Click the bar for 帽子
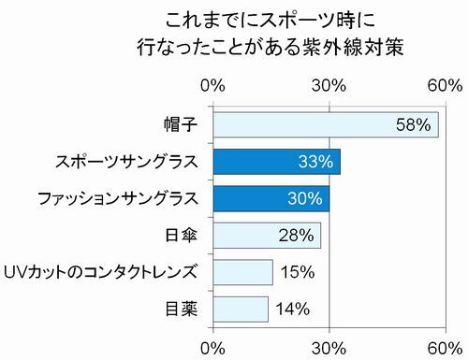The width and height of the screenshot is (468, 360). pyautogui.click(x=326, y=124)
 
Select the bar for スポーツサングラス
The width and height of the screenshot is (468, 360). pyautogui.click(x=276, y=162)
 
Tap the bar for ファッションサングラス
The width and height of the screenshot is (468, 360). pyautogui.click(x=271, y=198)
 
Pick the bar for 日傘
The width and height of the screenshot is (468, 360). pyautogui.click(x=267, y=235)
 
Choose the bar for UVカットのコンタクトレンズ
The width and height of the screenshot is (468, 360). pyautogui.click(x=242, y=272)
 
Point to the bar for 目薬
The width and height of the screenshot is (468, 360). pyautogui.click(x=241, y=309)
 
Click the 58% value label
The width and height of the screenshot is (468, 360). pyautogui.click(x=413, y=124)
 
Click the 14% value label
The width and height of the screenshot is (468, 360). pyautogui.click(x=291, y=309)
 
